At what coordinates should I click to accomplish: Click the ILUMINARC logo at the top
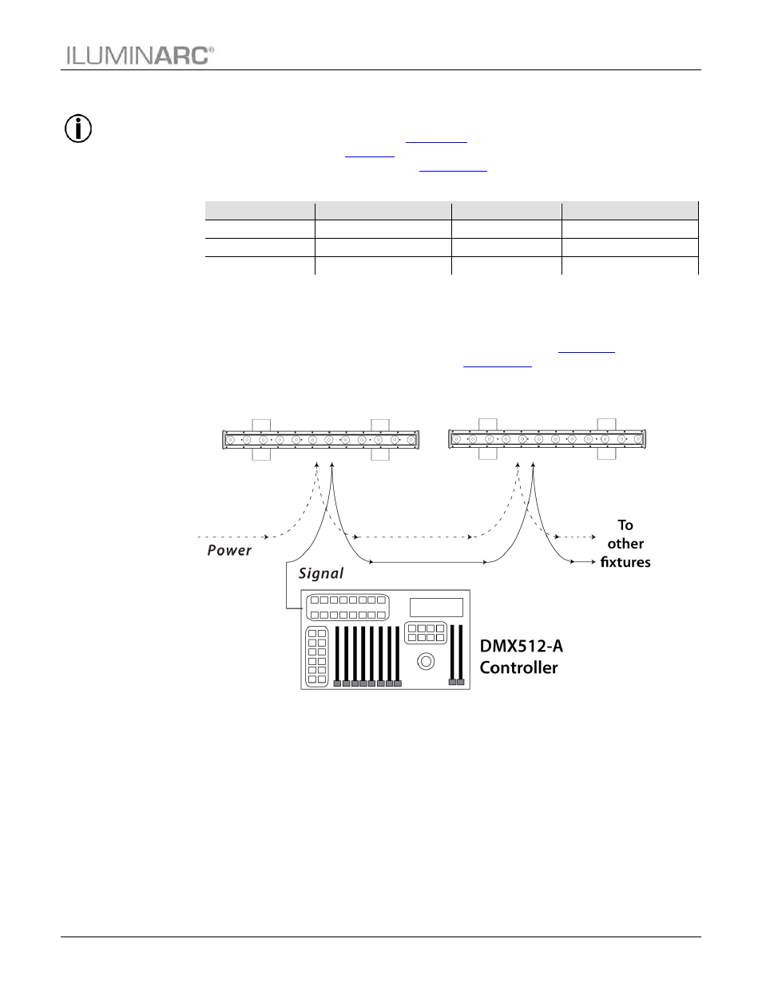141,56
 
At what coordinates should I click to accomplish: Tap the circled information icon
78,129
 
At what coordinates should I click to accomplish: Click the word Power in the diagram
229,550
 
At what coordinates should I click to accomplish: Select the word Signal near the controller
321,573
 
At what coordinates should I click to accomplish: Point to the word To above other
625,525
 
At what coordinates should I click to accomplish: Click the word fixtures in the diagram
625,562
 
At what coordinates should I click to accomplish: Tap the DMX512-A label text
521,646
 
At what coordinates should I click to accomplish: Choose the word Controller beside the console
518,667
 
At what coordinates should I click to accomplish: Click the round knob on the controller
426,661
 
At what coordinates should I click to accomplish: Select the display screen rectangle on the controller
436,607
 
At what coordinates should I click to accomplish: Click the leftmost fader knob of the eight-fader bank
337,683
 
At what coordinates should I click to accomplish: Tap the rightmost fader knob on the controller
461,682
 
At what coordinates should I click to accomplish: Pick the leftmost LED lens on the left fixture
230,440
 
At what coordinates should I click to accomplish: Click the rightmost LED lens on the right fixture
637,439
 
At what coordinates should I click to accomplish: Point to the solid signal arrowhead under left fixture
331,465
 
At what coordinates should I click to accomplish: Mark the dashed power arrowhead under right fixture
518,465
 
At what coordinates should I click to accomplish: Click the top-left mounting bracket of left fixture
261,426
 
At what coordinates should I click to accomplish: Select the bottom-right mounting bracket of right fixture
606,453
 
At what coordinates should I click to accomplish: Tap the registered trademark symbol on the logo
211,49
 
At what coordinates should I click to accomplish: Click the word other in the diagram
625,544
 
